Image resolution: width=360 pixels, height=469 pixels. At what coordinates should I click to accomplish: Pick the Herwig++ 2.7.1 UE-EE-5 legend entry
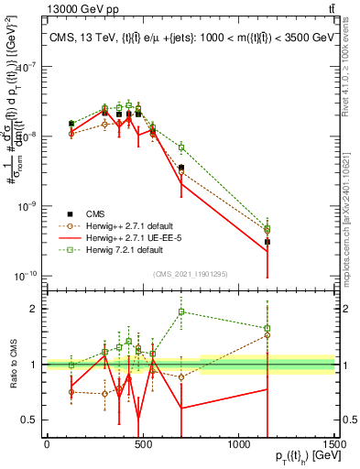coord(133,236)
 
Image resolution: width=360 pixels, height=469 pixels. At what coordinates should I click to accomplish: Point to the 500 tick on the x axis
coord(142,442)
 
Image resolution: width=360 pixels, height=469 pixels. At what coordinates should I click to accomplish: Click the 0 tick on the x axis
coord(47,442)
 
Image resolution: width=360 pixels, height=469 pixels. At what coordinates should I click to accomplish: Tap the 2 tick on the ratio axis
coord(34,309)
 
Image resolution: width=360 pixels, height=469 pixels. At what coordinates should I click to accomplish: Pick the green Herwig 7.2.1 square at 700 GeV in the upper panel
coord(181,147)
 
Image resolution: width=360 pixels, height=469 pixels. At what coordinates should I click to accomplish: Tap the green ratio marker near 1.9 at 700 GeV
coord(181,311)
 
